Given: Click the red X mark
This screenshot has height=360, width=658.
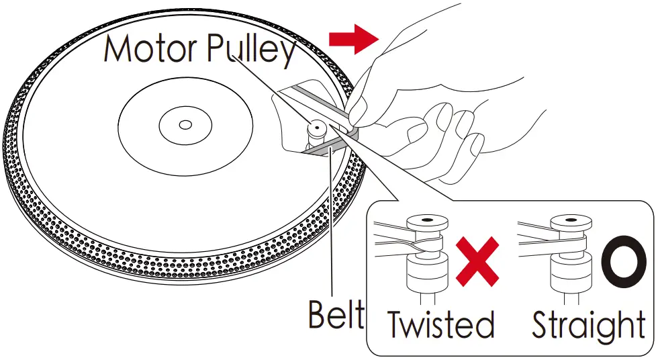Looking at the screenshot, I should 477,262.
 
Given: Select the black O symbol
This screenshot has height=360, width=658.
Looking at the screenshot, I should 624,261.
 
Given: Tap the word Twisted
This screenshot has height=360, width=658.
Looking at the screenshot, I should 440,325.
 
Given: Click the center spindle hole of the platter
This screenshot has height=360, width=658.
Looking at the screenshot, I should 185,124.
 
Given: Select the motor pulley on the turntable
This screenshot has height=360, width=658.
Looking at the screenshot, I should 316,132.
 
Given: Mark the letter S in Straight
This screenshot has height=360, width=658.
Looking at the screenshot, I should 542,324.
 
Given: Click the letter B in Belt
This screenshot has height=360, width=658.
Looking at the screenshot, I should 318,314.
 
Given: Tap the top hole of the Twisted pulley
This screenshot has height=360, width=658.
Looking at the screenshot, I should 424,220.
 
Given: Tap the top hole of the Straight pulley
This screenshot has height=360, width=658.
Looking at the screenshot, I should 569,220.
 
